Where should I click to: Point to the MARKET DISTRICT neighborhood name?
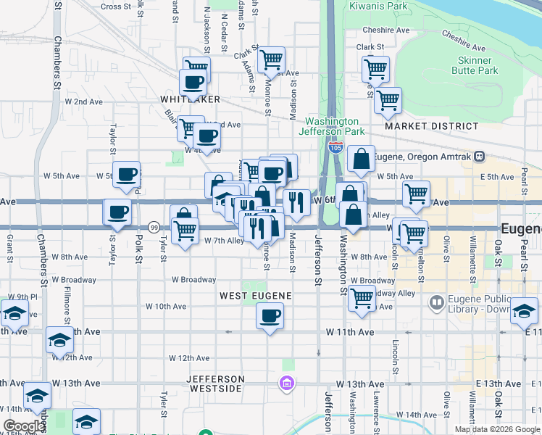click(x=432, y=126)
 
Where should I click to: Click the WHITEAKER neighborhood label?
click(x=191, y=99)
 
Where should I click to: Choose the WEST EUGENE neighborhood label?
click(x=255, y=296)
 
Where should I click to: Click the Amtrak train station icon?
click(x=478, y=157)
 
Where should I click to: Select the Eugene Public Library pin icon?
click(x=436, y=302)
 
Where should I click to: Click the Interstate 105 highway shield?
click(x=335, y=147)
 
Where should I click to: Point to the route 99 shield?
click(x=154, y=227)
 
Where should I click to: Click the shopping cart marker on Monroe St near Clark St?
click(x=271, y=60)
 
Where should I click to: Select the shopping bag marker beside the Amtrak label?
click(x=361, y=158)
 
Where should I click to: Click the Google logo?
click(x=25, y=426)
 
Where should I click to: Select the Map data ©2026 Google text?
click(x=496, y=429)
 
